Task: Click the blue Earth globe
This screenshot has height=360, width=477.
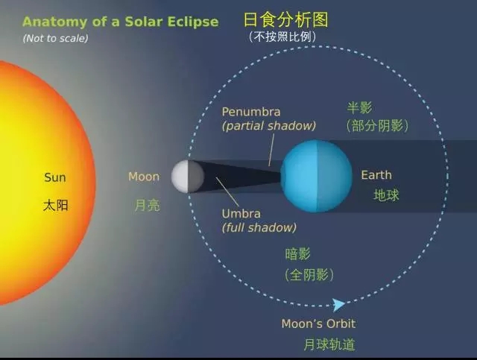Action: click(x=316, y=176)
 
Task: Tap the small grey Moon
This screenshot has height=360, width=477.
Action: click(x=187, y=177)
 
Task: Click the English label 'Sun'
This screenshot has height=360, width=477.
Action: click(x=54, y=177)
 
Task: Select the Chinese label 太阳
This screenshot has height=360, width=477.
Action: click(x=56, y=206)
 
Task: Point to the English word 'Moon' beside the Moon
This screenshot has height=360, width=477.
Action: click(x=144, y=177)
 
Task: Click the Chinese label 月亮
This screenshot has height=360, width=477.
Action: click(x=148, y=205)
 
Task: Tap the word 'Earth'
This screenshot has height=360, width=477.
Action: click(x=376, y=175)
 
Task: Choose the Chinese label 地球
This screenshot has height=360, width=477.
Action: click(x=386, y=195)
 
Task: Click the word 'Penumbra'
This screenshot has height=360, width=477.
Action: click(x=251, y=112)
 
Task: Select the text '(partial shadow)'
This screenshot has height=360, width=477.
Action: click(x=269, y=126)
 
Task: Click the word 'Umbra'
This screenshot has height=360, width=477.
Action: click(x=241, y=214)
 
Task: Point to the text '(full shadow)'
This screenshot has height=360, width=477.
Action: click(x=259, y=227)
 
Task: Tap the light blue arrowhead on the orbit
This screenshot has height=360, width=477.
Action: click(x=338, y=305)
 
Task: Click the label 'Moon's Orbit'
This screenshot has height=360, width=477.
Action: click(x=318, y=323)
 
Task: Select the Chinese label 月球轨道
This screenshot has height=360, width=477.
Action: click(x=329, y=345)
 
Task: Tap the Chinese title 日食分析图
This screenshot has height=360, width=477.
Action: click(x=286, y=20)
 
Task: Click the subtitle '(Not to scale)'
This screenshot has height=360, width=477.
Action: click(x=55, y=38)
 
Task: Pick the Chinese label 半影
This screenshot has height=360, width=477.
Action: click(x=359, y=108)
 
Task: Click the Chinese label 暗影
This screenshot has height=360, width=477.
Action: click(x=298, y=254)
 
